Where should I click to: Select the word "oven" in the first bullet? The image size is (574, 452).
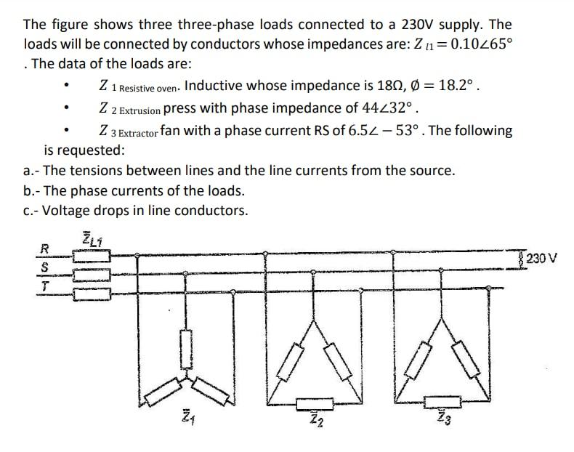click(x=168, y=89)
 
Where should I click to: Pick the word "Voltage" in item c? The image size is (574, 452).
click(x=66, y=211)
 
